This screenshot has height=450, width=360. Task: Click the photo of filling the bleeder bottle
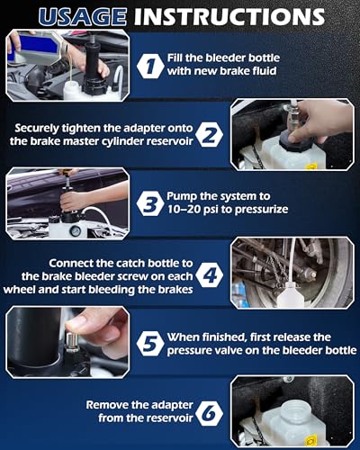click(x=67, y=66)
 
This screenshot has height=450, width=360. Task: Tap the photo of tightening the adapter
click(x=292, y=134)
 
